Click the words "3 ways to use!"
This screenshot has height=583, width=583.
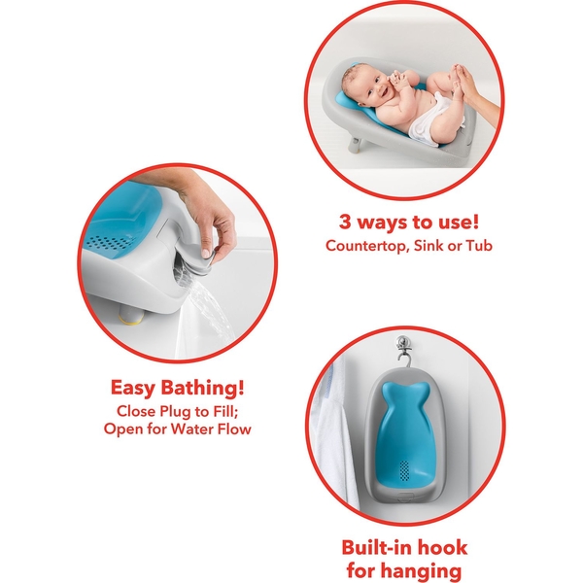pyautogui.click(x=409, y=222)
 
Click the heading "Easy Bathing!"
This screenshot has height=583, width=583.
pyautogui.click(x=178, y=388)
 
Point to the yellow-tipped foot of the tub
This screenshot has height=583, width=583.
pyautogui.click(x=131, y=314)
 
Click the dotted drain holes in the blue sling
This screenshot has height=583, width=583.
pyautogui.click(x=108, y=243)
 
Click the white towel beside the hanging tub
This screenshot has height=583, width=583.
pyautogui.click(x=332, y=435)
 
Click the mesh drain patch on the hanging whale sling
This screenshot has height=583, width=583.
pyautogui.click(x=404, y=469)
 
